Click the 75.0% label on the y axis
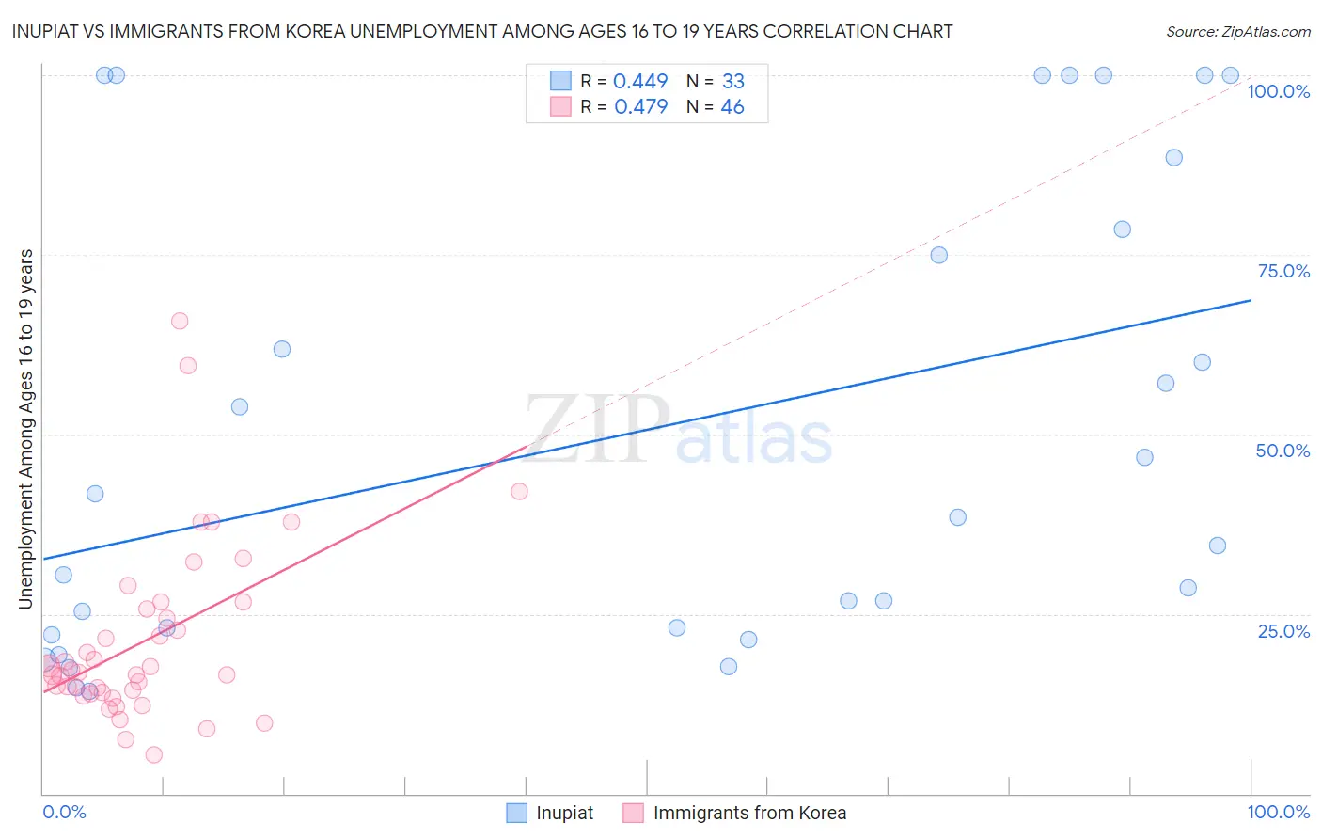pos(1283,271)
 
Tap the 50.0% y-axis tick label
pos(1283,451)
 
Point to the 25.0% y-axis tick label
pos(1283,631)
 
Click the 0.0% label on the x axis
pos(64,812)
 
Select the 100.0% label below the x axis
pos(1278,812)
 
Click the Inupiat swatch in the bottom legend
pos(516,813)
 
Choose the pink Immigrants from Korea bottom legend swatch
pos(634,813)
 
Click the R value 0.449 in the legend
pos(639,81)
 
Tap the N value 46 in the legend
pos(732,106)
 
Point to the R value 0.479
pos(640,106)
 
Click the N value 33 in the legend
pos(732,81)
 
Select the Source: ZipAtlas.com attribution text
pos(1237,31)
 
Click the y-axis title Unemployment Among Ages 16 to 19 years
pos(26,429)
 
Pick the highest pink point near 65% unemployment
pos(180,321)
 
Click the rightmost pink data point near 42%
pos(519,491)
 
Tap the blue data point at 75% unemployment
pos(938,255)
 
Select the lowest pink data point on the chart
pos(154,754)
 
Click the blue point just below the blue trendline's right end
pos(1202,362)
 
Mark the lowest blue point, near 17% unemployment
pos(729,666)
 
